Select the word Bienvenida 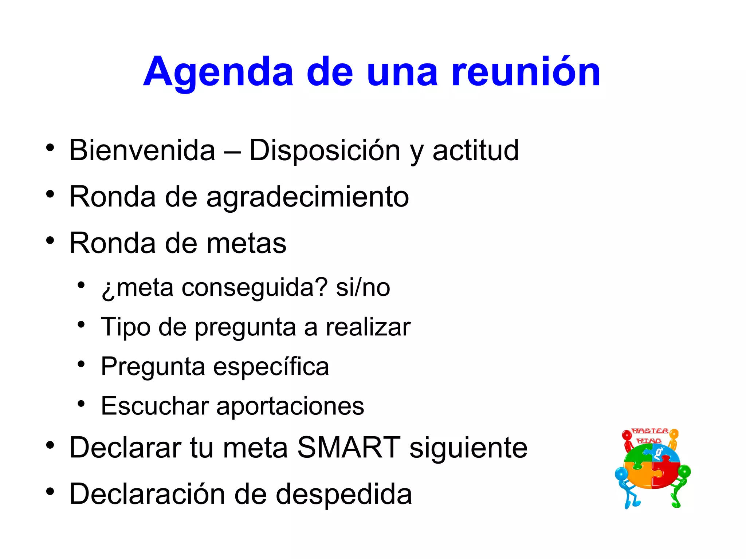[142, 150]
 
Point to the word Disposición [325, 150]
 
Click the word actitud [475, 150]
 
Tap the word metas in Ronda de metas [246, 243]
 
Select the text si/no [363, 288]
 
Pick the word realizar [368, 327]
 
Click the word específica [271, 366]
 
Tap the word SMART [349, 447]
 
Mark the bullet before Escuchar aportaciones [81, 403]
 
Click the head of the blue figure [621, 474]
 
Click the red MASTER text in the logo [650, 431]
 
